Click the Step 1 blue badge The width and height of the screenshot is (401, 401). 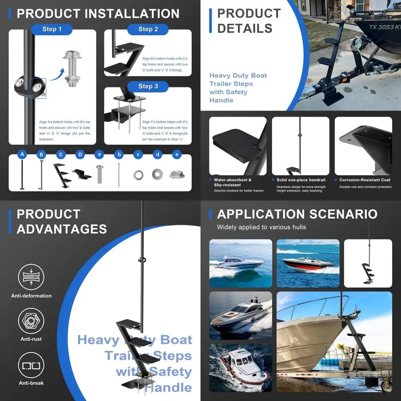point(52,29)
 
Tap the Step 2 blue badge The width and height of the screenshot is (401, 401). point(148,29)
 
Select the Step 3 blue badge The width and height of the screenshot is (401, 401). point(148,86)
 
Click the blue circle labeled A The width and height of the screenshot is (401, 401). point(22,154)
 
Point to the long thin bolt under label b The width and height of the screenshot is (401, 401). point(119,174)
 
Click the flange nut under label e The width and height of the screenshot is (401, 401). point(177,174)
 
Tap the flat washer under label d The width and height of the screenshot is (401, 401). point(158,174)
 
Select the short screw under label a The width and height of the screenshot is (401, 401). point(99,174)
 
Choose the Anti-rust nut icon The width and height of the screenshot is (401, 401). point(31,321)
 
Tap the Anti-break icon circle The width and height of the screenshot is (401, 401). point(31,365)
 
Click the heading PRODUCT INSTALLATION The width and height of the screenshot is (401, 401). point(98,14)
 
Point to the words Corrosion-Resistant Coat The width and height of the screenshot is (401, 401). point(365,180)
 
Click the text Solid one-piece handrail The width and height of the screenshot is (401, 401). point(301,180)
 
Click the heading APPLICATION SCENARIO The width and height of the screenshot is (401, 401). point(297,214)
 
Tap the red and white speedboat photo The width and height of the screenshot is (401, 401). point(308,263)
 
